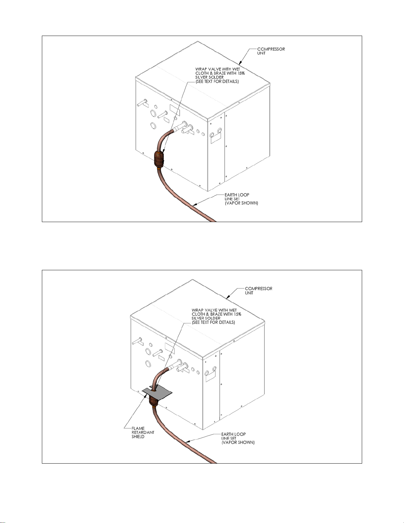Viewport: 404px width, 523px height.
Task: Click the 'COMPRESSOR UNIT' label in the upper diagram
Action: pyautogui.click(x=271, y=51)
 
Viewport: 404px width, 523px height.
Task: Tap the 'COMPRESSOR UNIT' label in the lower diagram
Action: pyautogui.click(x=259, y=290)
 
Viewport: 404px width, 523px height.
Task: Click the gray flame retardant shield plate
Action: pyautogui.click(x=157, y=394)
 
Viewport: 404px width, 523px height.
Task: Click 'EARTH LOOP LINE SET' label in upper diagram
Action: pyautogui.click(x=241, y=199)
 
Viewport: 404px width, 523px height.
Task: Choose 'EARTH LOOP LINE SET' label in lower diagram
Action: pyautogui.click(x=238, y=438)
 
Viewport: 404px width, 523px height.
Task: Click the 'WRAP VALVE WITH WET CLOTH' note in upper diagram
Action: pyautogui.click(x=220, y=75)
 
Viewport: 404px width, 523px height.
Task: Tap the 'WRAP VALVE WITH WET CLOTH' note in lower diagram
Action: pyautogui.click(x=216, y=316)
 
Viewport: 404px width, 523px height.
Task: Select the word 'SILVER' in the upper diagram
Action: pyautogui.click(x=202, y=77)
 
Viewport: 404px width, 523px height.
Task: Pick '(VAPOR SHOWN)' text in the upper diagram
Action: pyautogui.click(x=241, y=203)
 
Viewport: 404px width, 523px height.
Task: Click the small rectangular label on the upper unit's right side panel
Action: pyautogui.click(x=216, y=138)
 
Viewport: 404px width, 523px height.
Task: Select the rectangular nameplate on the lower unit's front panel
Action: pyautogui.click(x=170, y=348)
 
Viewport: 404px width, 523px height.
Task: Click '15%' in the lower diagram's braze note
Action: pyautogui.click(x=237, y=314)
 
